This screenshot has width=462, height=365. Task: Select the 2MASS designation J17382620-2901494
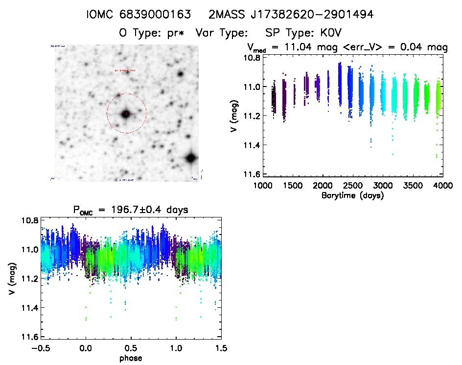[291, 15]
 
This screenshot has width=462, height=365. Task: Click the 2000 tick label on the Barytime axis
[323, 187]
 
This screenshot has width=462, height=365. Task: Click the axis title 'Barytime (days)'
[353, 195]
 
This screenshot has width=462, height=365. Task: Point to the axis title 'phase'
[131, 358]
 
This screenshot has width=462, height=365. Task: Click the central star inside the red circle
[126, 114]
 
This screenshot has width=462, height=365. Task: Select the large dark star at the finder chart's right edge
[191, 158]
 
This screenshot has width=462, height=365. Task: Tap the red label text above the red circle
[125, 71]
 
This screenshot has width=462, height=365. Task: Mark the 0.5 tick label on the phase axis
[131, 349]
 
